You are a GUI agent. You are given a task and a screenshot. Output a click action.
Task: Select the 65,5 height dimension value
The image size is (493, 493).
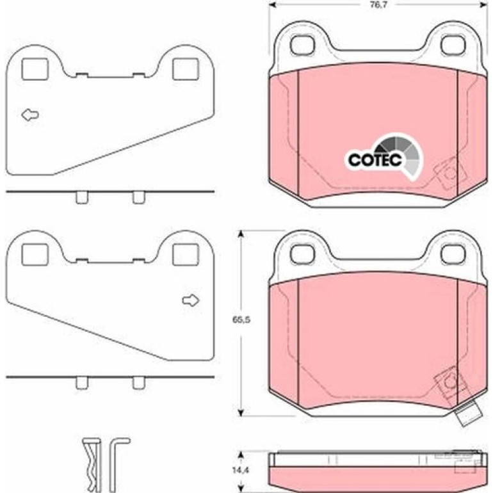click(x=241, y=319)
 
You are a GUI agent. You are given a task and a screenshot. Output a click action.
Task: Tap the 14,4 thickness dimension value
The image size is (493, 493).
click(x=241, y=470)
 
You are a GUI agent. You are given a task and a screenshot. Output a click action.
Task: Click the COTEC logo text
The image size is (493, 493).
click(x=375, y=159)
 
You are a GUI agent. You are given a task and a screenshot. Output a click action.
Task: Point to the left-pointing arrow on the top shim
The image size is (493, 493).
click(x=30, y=115)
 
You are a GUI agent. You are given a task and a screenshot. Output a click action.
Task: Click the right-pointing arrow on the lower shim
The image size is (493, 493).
click(x=191, y=300)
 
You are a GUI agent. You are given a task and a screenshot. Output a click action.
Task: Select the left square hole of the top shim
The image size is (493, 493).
click(x=35, y=69)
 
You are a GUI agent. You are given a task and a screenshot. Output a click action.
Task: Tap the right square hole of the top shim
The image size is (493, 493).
click(x=186, y=69)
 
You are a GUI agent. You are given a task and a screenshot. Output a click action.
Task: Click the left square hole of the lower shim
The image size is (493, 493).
click(x=35, y=254)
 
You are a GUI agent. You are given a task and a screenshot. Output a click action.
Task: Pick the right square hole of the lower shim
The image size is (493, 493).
click(x=186, y=254)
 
